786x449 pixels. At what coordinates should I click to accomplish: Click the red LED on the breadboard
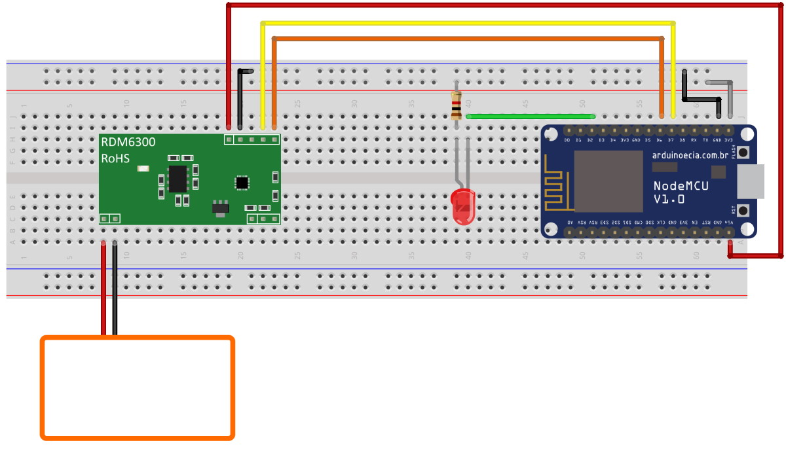[463, 206]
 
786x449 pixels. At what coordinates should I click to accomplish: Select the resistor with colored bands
[456, 105]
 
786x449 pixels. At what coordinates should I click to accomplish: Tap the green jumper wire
[531, 117]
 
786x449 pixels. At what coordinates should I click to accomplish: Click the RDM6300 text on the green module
[128, 142]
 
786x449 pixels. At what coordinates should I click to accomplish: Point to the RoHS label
[115, 159]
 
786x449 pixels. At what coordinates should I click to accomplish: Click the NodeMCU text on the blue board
[681, 186]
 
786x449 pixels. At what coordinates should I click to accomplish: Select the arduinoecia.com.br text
[686, 155]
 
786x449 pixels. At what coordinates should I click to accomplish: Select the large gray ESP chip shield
[608, 181]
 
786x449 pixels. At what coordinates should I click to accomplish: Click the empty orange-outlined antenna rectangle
[138, 387]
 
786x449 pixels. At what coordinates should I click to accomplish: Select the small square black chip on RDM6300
[242, 182]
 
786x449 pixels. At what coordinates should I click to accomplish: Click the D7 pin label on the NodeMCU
[671, 140]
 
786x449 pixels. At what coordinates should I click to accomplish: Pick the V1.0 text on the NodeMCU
[669, 199]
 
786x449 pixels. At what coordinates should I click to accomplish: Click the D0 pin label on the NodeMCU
[567, 140]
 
